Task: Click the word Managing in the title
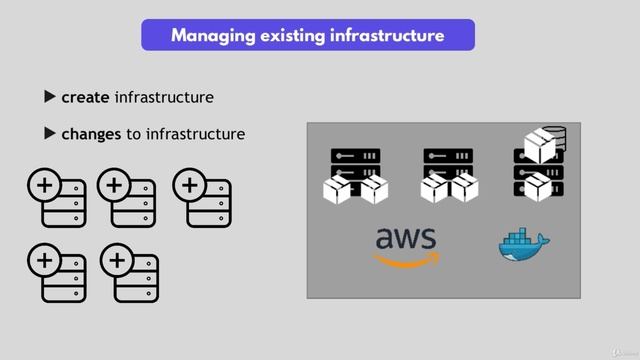pyautogui.click(x=212, y=36)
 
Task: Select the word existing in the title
pyautogui.click(x=290, y=36)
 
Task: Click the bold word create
pyautogui.click(x=85, y=97)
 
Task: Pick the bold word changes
pyautogui.click(x=92, y=133)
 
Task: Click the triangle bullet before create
pyautogui.click(x=50, y=97)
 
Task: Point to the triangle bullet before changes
pyautogui.click(x=50, y=133)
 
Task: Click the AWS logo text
pyautogui.click(x=406, y=240)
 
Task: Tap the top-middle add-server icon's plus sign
pyautogui.click(x=114, y=186)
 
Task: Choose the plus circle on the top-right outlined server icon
pyautogui.click(x=189, y=186)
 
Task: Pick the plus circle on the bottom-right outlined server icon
pyautogui.click(x=118, y=261)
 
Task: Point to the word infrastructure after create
pyautogui.click(x=164, y=97)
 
